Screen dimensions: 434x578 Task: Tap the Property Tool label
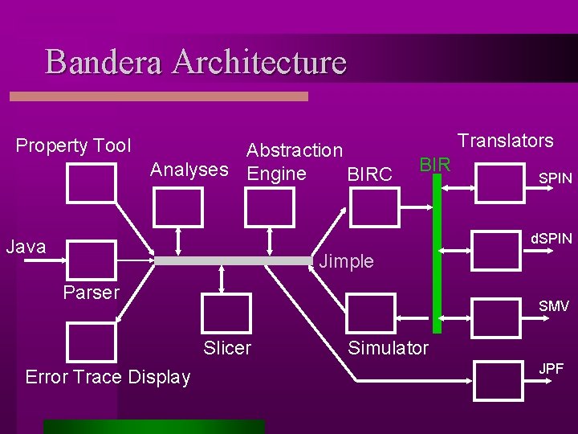coord(73,145)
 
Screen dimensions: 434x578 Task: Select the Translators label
coord(505,141)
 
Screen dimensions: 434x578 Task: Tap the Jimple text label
coord(346,261)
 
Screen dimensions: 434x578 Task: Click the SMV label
coord(554,306)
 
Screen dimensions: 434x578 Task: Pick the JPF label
coord(551,369)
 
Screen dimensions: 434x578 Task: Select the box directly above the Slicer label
coord(226,314)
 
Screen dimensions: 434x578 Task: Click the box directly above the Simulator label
coord(370,314)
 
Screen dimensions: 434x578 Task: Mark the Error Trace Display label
coord(108,377)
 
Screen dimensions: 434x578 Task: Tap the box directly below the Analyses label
coord(177,208)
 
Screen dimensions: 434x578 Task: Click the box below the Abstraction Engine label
coord(269,208)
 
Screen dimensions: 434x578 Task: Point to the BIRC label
coord(369,174)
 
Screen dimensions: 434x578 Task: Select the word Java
coord(26,247)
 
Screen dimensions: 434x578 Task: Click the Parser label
coord(91,293)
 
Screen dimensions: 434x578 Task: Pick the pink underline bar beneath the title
coord(158,96)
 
